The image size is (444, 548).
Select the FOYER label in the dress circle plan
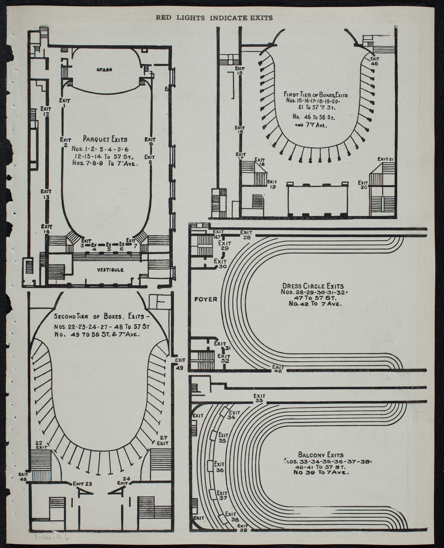206,299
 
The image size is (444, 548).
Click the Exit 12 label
46,111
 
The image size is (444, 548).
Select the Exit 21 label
385,159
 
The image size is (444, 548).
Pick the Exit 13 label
46,194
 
